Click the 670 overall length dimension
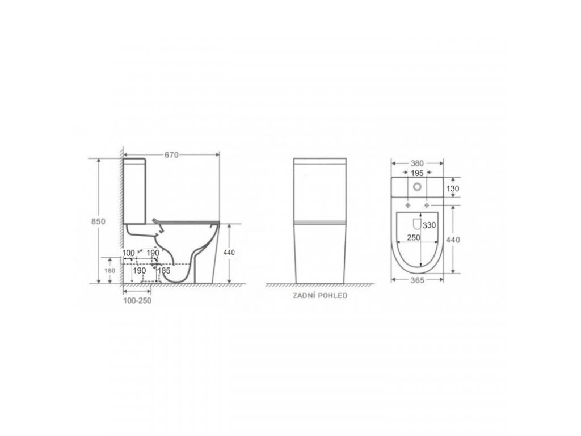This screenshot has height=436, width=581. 171,154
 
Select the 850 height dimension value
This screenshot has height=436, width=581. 98,221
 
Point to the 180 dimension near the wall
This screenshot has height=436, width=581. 110,271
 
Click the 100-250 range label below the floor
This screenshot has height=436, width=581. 137,301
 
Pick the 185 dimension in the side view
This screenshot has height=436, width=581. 164,271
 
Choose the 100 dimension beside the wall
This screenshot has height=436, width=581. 128,252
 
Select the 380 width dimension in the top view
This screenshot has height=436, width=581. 417,163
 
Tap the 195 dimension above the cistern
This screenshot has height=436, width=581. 417,172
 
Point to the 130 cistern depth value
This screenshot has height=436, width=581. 453,188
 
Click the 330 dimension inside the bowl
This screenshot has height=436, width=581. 430,225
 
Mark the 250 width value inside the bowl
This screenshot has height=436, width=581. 413,237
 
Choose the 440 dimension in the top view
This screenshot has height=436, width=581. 453,240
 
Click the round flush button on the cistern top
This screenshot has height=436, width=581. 418,186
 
